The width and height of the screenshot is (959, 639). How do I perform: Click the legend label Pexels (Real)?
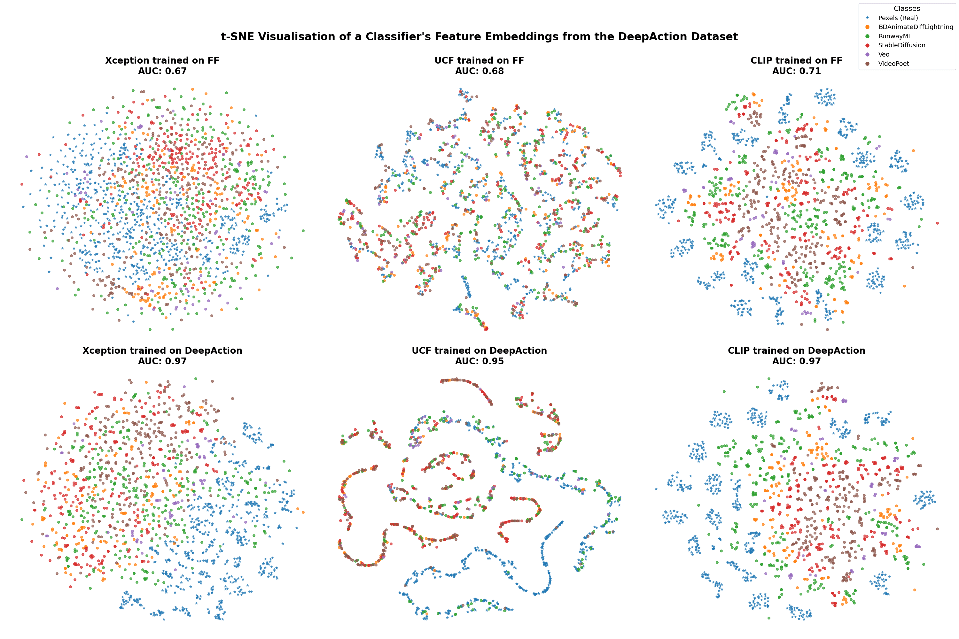898,18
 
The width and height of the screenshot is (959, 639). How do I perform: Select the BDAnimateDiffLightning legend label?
916,27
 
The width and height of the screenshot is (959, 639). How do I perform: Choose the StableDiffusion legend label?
901,45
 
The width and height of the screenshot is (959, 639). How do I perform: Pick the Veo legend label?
884,55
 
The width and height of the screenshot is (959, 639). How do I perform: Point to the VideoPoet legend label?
893,64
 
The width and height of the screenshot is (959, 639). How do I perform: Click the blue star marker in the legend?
867,18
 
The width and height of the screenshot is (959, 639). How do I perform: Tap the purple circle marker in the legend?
867,55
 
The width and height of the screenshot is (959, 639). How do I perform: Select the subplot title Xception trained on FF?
162,60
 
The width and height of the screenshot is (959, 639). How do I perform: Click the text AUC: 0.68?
479,71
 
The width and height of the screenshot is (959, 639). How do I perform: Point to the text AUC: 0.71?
796,71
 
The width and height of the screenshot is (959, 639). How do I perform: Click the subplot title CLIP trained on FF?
796,60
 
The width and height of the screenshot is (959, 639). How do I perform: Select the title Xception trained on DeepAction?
162,350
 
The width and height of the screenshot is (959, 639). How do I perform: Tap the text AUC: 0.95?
479,361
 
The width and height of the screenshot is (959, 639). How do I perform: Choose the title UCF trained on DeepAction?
479,350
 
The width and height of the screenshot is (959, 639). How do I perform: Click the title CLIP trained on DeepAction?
796,350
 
